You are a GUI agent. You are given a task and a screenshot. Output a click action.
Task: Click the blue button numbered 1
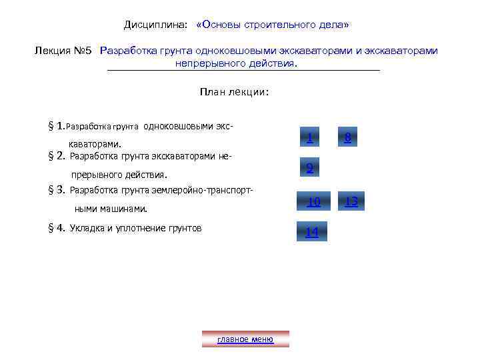(x=310, y=138)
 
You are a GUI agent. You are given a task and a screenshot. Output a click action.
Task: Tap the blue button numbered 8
(x=348, y=138)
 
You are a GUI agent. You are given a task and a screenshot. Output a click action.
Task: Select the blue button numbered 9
(x=310, y=169)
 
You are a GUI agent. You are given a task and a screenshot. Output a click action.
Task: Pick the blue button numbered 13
(x=351, y=201)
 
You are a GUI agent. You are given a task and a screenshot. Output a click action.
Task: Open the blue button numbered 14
(x=311, y=231)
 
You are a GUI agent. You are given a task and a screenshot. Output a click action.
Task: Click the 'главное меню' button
(x=245, y=339)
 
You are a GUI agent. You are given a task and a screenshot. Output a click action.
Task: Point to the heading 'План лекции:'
(x=234, y=93)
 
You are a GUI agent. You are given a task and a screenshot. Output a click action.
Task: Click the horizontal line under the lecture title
(x=243, y=70)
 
